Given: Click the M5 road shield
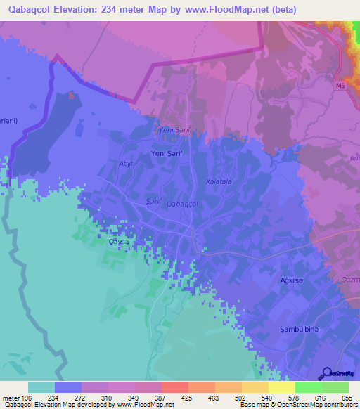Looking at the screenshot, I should pos(340,86).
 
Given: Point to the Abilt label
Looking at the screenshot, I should pos(126,163).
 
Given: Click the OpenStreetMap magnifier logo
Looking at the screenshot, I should pos(327,373).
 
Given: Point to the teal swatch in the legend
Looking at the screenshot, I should pos(41,387).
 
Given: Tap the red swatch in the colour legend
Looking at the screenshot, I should pos(175,387).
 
